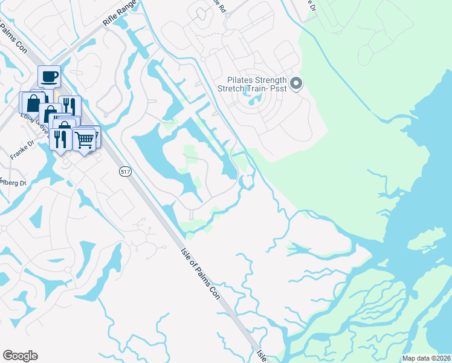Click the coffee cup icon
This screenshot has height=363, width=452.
[x=49, y=77]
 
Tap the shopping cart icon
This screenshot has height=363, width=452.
[x=84, y=139]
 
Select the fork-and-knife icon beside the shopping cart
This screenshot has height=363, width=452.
[x=60, y=140]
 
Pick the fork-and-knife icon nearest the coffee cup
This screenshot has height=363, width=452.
[x=69, y=106]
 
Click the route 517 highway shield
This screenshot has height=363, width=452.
[x=125, y=172]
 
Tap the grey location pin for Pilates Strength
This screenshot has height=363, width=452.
[x=295, y=84]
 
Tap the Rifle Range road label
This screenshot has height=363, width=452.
[x=120, y=13]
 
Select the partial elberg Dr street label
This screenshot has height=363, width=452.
[x=12, y=183]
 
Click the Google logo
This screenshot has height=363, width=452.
[x=20, y=356]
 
